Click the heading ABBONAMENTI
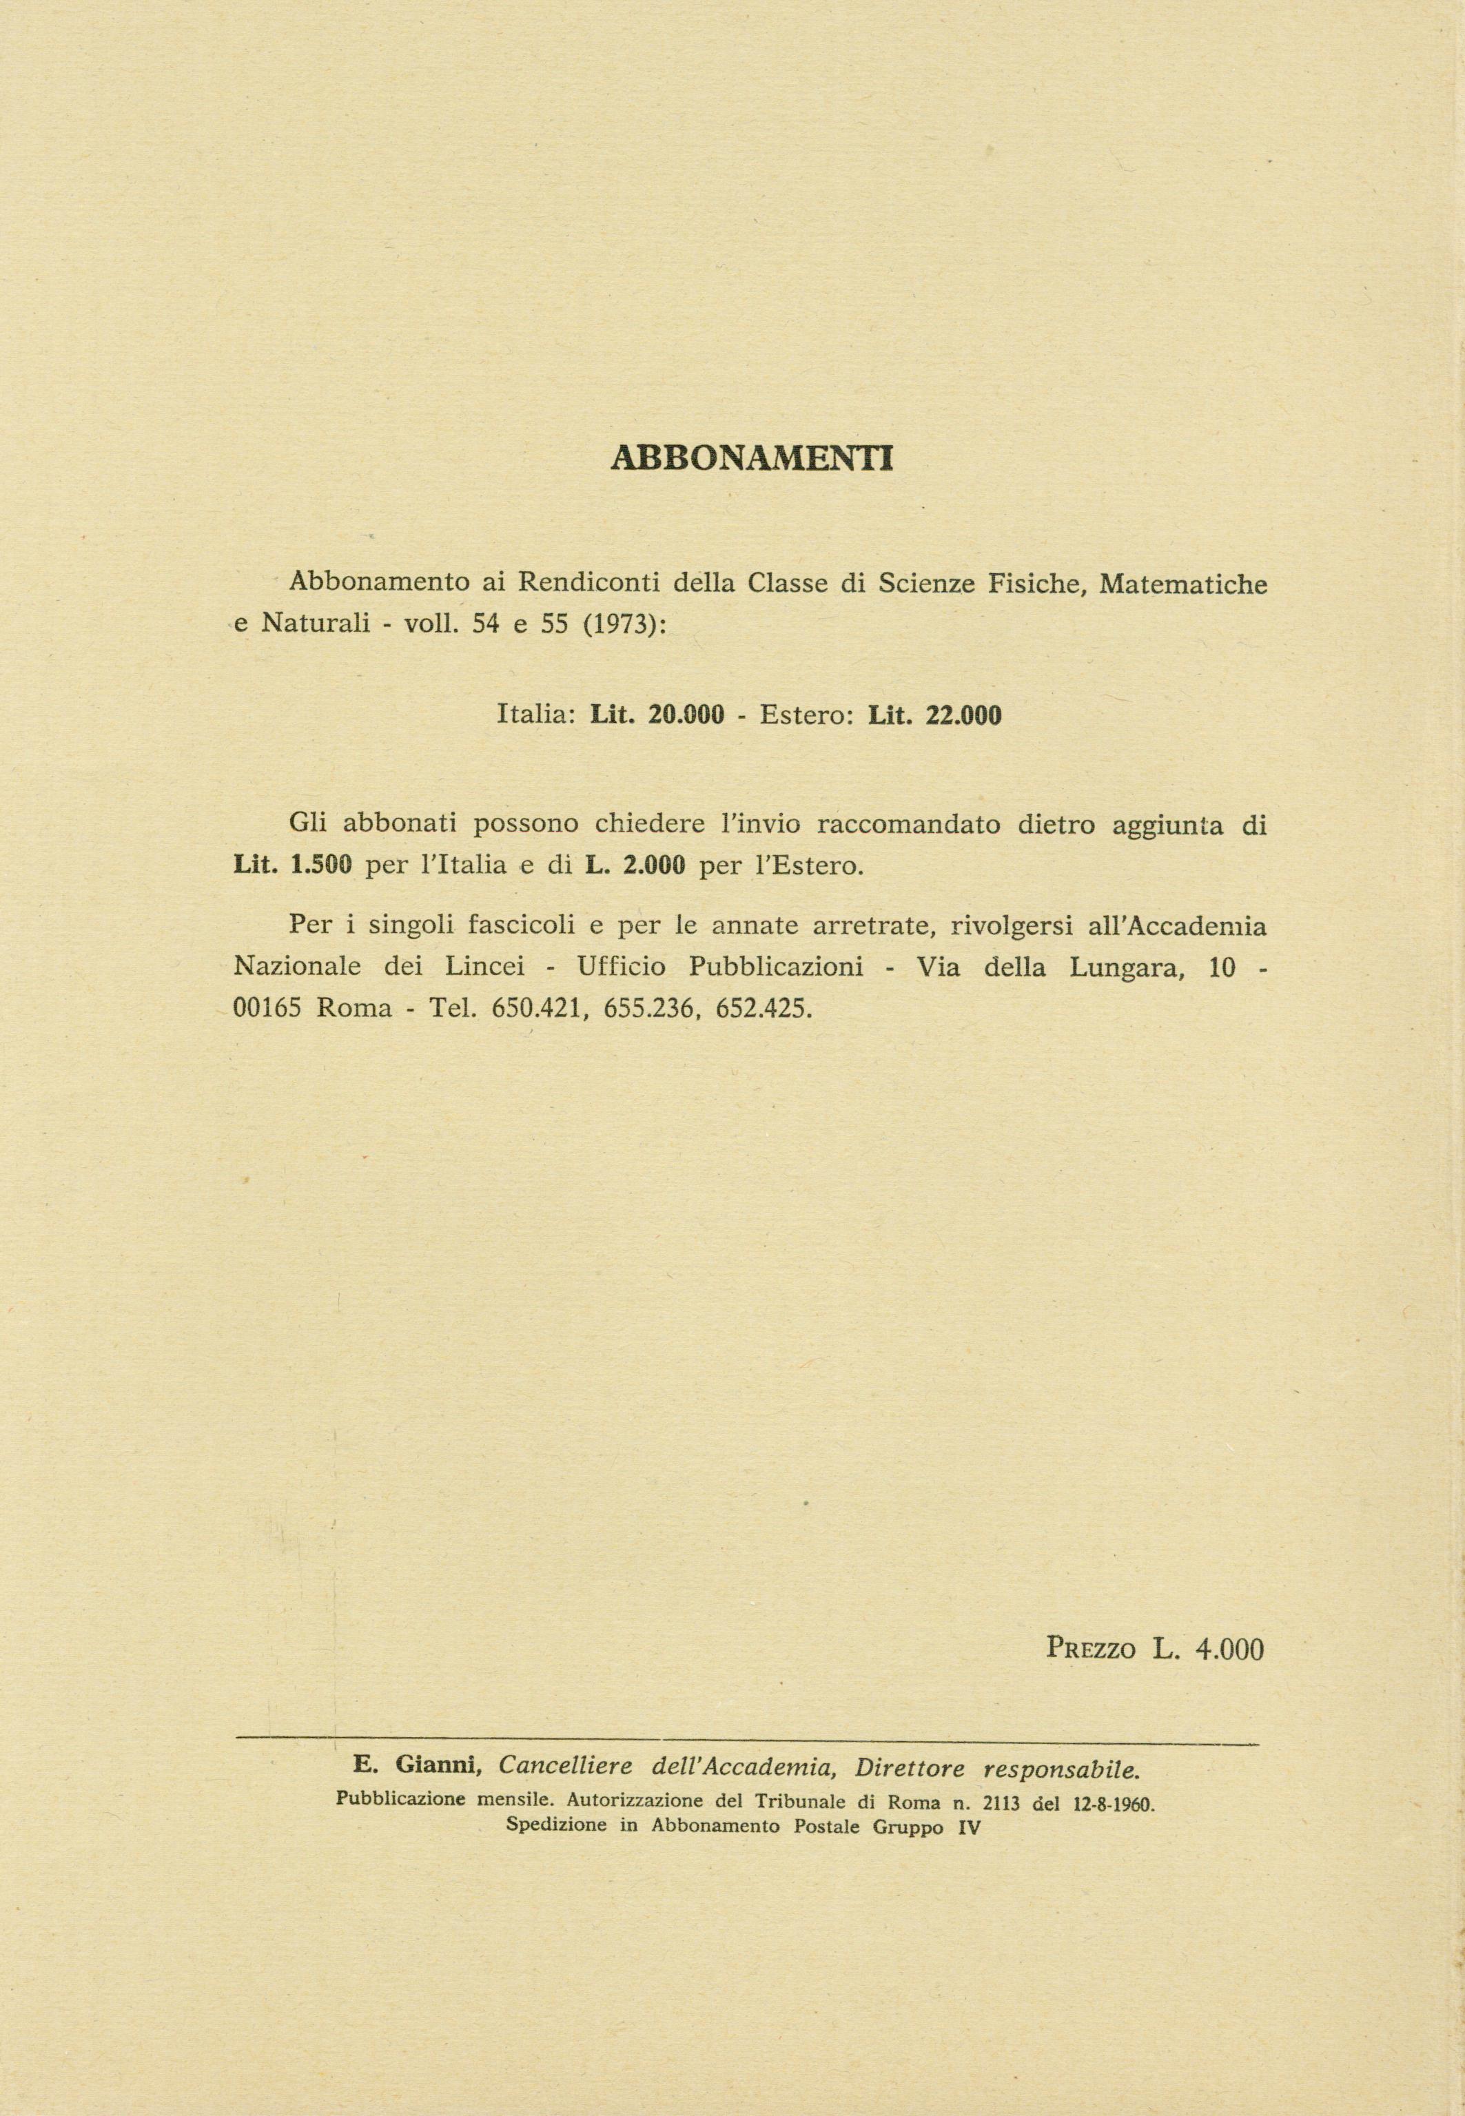click(x=751, y=458)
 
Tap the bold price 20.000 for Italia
click(x=686, y=715)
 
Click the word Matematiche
click(x=1182, y=583)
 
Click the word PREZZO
click(x=1092, y=1649)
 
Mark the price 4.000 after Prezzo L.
click(x=1230, y=1649)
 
